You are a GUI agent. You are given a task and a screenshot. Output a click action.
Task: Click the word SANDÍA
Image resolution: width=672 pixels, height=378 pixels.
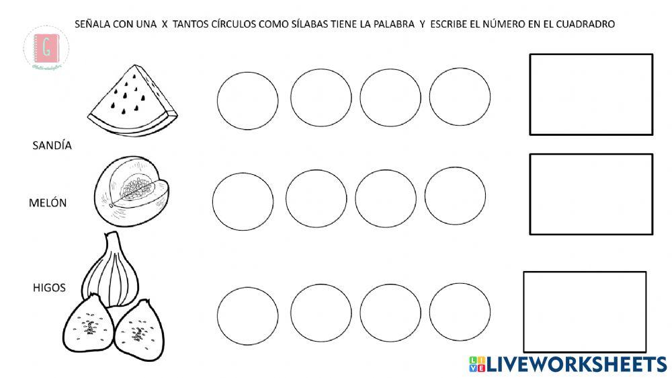[x=52, y=145]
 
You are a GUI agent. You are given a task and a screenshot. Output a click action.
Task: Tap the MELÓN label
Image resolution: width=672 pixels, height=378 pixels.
[x=48, y=202]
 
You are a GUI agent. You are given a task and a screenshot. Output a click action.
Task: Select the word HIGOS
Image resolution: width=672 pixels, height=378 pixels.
[x=49, y=288]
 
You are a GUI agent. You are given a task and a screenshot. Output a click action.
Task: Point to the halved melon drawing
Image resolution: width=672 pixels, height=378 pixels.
[x=130, y=191]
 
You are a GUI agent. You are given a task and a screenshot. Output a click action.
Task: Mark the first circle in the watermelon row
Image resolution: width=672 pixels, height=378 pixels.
[x=247, y=101]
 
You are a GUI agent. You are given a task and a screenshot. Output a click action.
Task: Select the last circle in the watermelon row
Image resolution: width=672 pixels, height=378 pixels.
[x=460, y=97]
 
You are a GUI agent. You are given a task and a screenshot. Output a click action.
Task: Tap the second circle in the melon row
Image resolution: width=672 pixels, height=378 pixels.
[x=316, y=198]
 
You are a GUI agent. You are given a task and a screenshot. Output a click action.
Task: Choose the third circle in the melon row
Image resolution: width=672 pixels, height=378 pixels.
[x=386, y=198]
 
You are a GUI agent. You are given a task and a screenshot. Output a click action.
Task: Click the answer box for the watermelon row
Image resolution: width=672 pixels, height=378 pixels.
[x=591, y=94]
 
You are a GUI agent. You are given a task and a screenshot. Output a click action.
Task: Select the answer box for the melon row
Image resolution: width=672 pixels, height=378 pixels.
[x=591, y=194]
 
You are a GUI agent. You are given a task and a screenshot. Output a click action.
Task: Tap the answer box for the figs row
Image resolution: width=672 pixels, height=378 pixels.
[x=585, y=311]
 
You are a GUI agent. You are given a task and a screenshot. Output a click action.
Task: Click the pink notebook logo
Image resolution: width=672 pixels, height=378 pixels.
[x=46, y=48]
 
